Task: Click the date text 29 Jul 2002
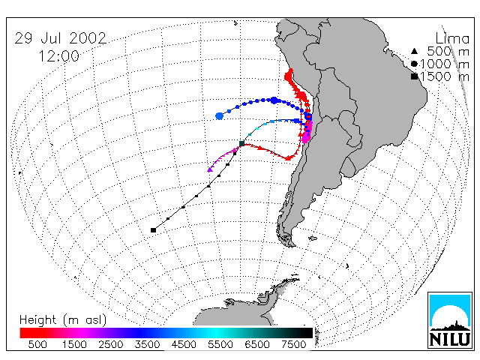[61, 38]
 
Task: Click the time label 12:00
[59, 56]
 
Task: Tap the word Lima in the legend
[452, 39]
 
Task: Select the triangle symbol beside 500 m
[414, 51]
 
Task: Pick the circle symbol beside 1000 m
[414, 64]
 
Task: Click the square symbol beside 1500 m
[414, 76]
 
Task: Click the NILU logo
[450, 320]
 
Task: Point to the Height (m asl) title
[63, 320]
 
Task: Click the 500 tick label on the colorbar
[37, 345]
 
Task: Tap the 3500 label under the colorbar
[147, 345]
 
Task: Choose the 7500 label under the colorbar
[294, 345]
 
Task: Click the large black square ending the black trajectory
[153, 230]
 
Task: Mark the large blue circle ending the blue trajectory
[219, 116]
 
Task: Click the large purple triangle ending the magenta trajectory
[210, 169]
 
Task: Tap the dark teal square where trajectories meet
[241, 143]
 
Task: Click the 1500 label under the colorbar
[74, 345]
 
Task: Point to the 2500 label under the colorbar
[111, 345]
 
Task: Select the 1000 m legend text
[445, 64]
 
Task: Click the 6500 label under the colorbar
[257, 345]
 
